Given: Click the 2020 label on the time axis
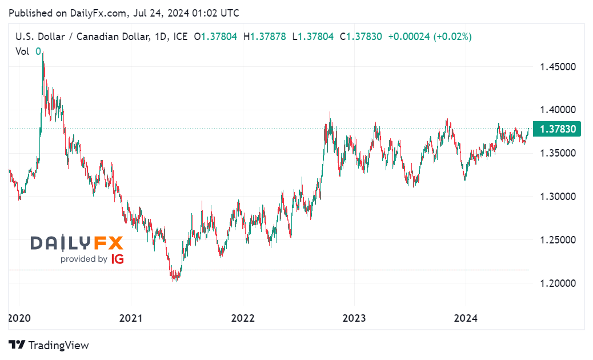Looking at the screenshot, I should pyautogui.click(x=19, y=318).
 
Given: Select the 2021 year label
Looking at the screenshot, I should pyautogui.click(x=131, y=318).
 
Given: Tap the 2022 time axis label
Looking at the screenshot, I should pyautogui.click(x=242, y=318).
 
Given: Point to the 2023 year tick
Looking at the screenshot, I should pyautogui.click(x=354, y=318).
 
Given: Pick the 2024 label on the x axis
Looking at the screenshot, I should pyautogui.click(x=465, y=318).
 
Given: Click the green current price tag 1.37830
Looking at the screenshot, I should pyautogui.click(x=556, y=129).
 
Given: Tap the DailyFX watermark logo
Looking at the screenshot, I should pyautogui.click(x=77, y=243).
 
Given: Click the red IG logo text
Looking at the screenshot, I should pyautogui.click(x=117, y=259).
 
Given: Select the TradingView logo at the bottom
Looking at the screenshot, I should pyautogui.click(x=49, y=345).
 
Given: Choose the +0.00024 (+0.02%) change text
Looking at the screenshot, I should pyautogui.click(x=430, y=37).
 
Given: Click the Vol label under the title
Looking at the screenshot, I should pyautogui.click(x=23, y=51).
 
